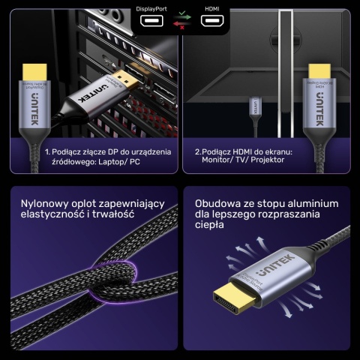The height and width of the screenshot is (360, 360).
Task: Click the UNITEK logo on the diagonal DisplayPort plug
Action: [x=103, y=93]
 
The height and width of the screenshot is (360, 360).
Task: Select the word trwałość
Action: [x=115, y=214]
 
